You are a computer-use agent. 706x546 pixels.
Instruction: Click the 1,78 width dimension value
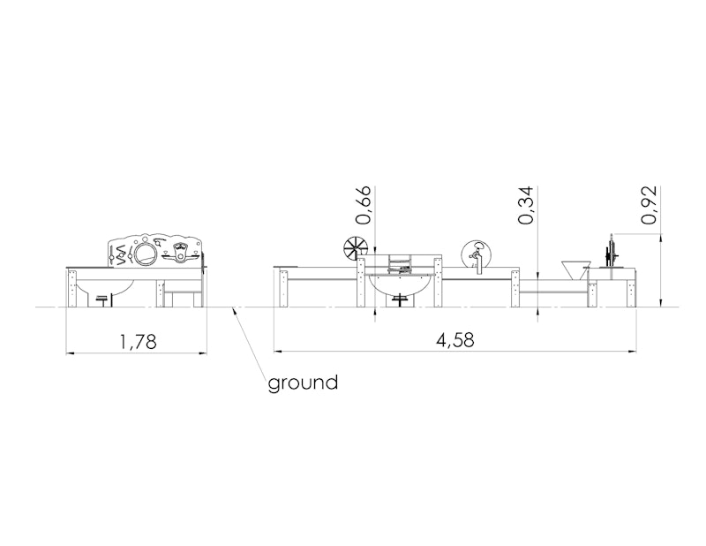[139, 342]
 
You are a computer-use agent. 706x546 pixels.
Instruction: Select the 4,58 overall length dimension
[454, 340]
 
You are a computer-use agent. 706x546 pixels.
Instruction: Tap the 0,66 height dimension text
[364, 205]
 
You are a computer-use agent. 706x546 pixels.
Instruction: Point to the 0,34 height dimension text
[526, 205]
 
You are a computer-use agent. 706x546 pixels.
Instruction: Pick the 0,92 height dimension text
[649, 205]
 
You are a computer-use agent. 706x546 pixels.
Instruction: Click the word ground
[303, 383]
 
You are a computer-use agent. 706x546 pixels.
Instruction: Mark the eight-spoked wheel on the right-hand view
[354, 249]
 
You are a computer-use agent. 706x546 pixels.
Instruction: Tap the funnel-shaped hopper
[576, 269]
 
